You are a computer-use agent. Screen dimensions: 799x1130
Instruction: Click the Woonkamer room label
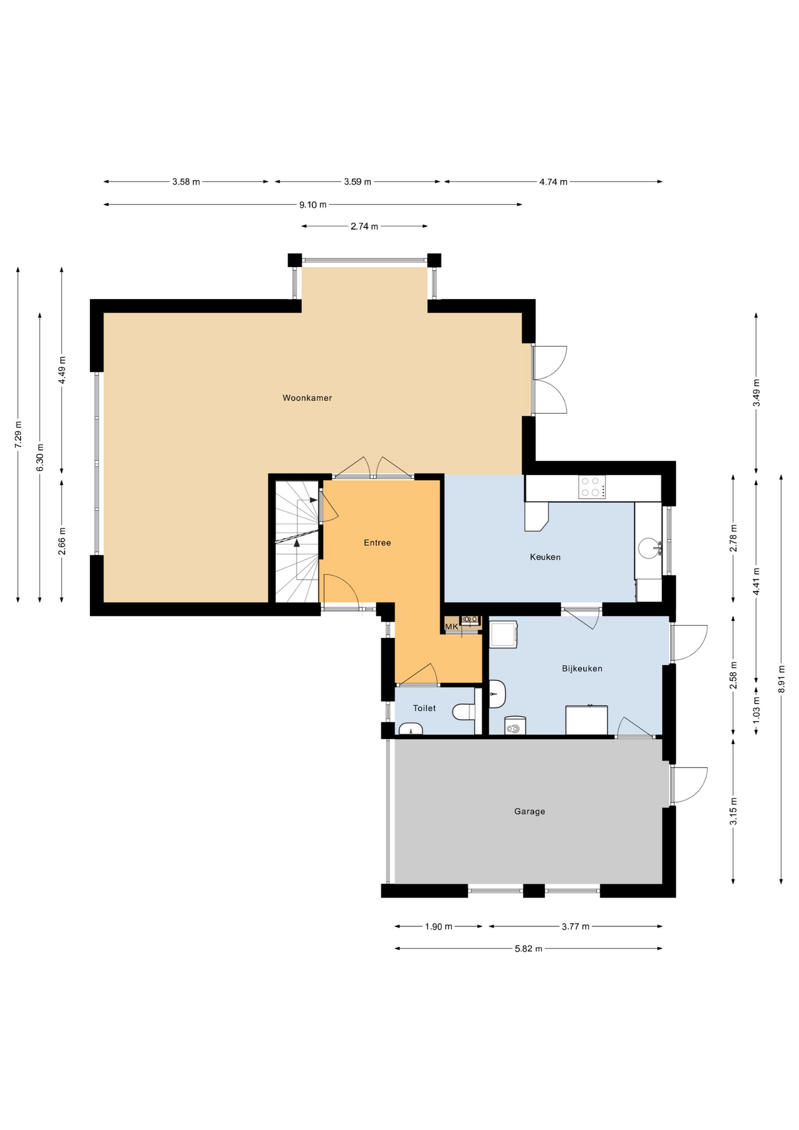click(307, 398)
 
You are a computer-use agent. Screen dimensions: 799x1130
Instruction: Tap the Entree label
click(377, 543)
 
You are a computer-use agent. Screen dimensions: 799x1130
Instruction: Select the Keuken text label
click(545, 557)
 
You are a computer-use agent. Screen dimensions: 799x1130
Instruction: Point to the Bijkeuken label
click(582, 669)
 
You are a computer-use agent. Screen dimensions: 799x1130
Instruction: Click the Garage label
click(530, 812)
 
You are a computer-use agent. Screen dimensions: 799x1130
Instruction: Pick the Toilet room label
click(424, 708)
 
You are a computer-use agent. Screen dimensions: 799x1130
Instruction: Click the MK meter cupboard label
click(451, 627)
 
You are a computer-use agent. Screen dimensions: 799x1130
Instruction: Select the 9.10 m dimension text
click(312, 205)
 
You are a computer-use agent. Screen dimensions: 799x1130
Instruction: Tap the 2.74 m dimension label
click(364, 226)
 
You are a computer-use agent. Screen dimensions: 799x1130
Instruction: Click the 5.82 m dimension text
click(528, 948)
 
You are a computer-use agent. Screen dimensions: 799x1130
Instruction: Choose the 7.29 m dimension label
click(18, 436)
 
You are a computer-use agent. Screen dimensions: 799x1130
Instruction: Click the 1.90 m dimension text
click(438, 926)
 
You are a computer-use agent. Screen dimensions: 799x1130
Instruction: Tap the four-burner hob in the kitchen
click(592, 487)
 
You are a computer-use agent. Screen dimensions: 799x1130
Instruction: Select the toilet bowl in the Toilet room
click(464, 712)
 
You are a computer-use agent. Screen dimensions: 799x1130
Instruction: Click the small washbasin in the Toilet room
click(411, 730)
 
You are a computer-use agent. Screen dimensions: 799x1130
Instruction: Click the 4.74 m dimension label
click(553, 182)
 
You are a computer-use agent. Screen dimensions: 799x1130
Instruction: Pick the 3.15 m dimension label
click(733, 811)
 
